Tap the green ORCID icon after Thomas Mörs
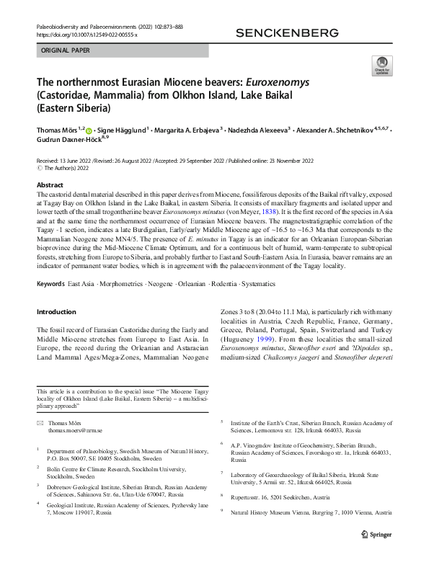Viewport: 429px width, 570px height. pos(90,130)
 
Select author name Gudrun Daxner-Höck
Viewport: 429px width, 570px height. pos(68,141)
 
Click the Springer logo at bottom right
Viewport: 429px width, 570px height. pos(376,535)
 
